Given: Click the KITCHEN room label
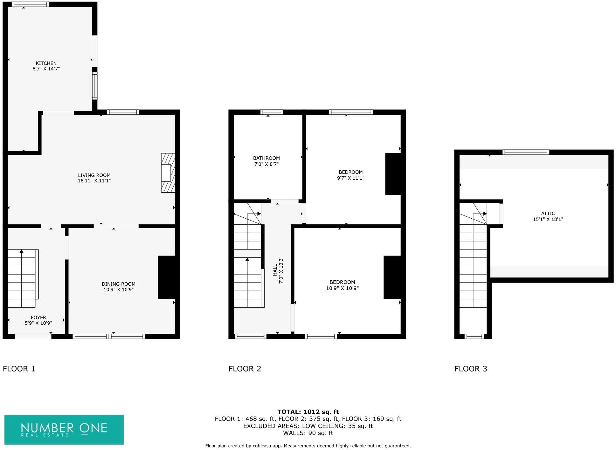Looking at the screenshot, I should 46,63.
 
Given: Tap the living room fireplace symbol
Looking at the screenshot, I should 168,173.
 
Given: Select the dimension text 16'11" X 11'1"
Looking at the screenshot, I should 94,181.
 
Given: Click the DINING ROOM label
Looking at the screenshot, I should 118,284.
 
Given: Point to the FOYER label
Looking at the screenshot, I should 38,317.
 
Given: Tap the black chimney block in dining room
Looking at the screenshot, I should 166,277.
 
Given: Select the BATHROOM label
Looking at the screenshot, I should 266,158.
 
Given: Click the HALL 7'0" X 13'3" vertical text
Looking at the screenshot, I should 278,270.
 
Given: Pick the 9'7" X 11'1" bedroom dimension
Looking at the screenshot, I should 350,178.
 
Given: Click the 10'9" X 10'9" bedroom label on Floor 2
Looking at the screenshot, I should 342,288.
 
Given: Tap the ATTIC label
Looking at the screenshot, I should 548,214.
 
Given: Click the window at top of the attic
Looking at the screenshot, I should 526,152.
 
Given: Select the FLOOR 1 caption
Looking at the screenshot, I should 19,369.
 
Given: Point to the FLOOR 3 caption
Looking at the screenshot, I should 471,369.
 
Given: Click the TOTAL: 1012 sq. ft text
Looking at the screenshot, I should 308,412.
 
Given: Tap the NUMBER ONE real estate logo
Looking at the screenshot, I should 64,429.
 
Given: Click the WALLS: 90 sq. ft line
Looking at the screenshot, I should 308,433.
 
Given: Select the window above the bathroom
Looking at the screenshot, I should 272,112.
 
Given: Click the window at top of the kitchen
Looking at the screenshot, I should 30,4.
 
